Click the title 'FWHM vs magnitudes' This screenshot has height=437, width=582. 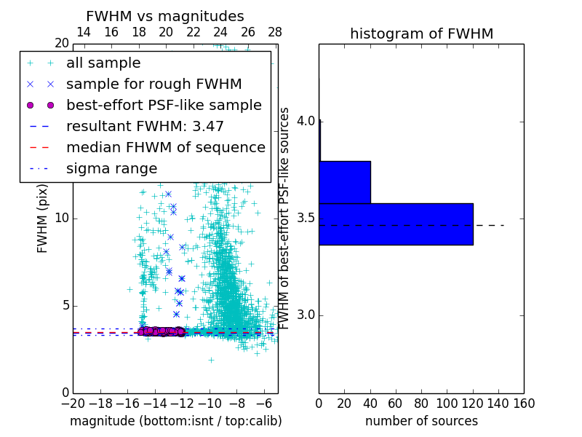[x=164, y=16]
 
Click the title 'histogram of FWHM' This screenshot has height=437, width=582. [x=421, y=34]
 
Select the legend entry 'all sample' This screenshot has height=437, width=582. [x=103, y=63]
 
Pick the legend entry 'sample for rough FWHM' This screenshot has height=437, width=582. [x=154, y=84]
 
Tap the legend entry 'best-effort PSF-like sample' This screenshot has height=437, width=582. [x=164, y=106]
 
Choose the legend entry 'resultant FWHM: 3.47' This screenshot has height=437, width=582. [x=145, y=127]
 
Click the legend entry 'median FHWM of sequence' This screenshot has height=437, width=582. [x=165, y=148]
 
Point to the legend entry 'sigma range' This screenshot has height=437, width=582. [x=111, y=169]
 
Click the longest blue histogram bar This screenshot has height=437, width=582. [x=396, y=224]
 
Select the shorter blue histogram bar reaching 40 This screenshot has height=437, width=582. [x=345, y=182]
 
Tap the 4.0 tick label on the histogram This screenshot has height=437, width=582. [x=306, y=120]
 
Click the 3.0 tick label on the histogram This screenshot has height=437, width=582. [x=306, y=315]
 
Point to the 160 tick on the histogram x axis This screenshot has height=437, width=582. [x=524, y=402]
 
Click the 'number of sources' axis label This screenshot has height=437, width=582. [x=421, y=421]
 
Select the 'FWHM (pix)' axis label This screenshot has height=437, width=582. [x=43, y=218]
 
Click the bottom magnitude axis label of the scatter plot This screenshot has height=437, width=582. [x=175, y=421]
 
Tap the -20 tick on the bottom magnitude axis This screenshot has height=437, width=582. [x=73, y=402]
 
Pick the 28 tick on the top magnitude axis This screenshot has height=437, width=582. [x=275, y=32]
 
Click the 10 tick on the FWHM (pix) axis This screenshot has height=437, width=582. [x=62, y=218]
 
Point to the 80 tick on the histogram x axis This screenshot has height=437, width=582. [x=421, y=402]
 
